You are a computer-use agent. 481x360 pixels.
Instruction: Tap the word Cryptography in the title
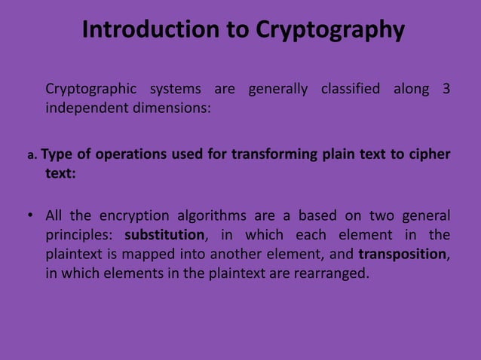point(329,30)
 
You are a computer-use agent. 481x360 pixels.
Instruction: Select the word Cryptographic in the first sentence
point(91,90)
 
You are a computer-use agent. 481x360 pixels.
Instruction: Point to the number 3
point(446,90)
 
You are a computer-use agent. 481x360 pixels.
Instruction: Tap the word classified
point(351,90)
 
